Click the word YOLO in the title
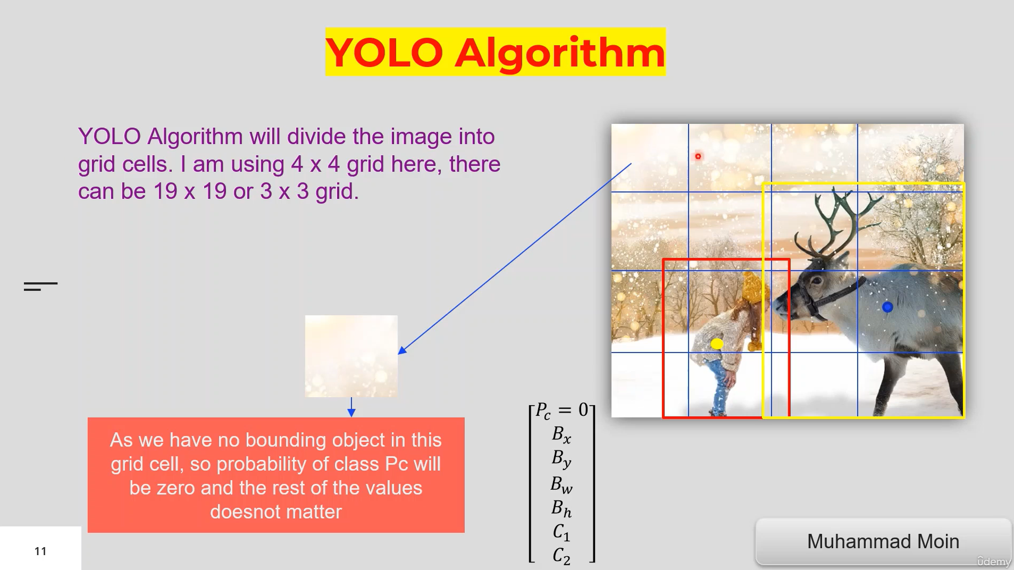click(384, 53)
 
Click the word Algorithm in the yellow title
click(559, 53)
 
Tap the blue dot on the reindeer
click(887, 307)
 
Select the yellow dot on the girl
click(717, 343)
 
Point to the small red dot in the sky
click(698, 156)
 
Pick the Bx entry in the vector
click(562, 434)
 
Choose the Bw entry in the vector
click(562, 484)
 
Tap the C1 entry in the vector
click(562, 532)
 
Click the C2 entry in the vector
click(562, 556)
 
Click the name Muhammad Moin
click(883, 541)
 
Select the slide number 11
click(40, 551)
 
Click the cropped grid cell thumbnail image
click(351, 356)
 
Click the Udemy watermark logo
click(993, 561)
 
